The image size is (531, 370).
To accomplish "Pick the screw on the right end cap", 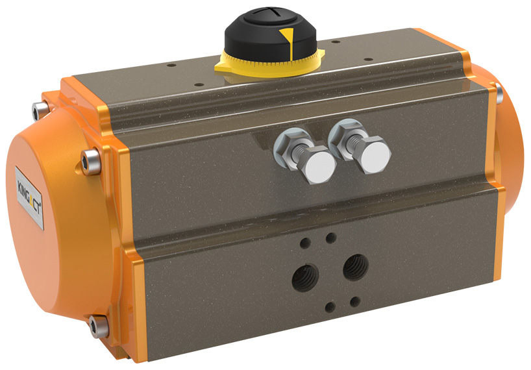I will pos(498,95).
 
